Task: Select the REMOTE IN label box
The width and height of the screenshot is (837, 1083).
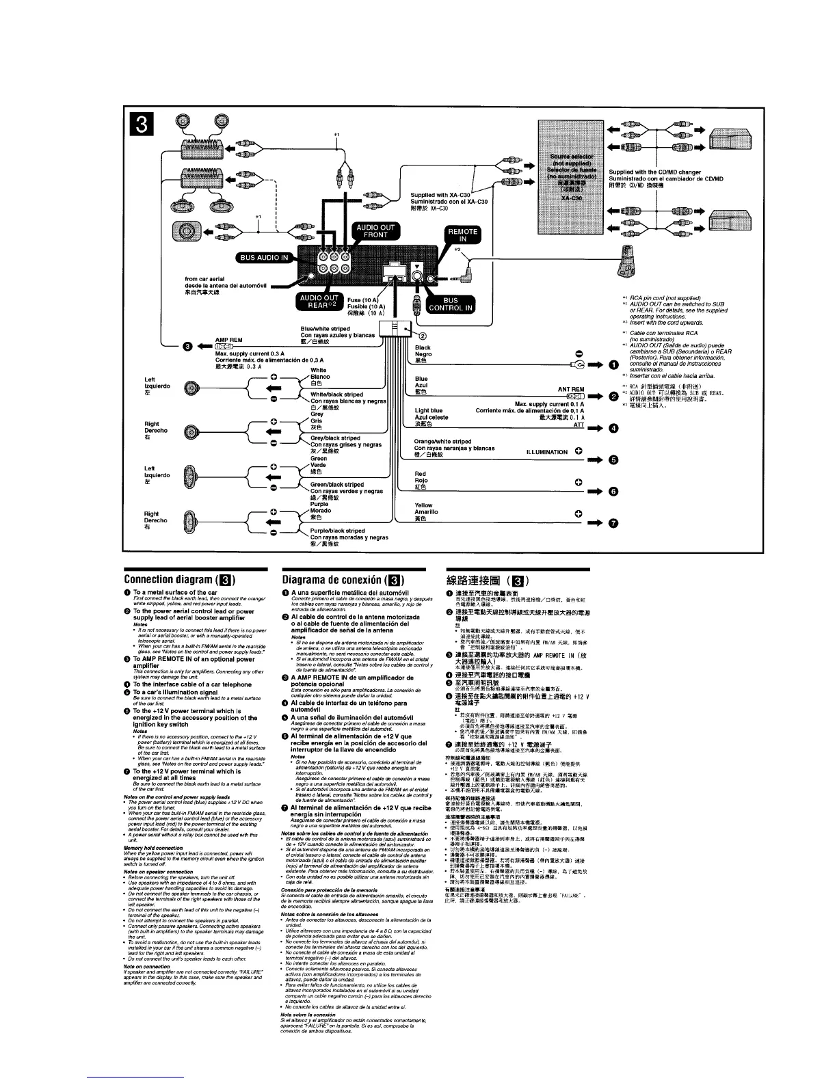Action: [462, 235]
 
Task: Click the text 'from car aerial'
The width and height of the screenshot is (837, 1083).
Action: [206, 278]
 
